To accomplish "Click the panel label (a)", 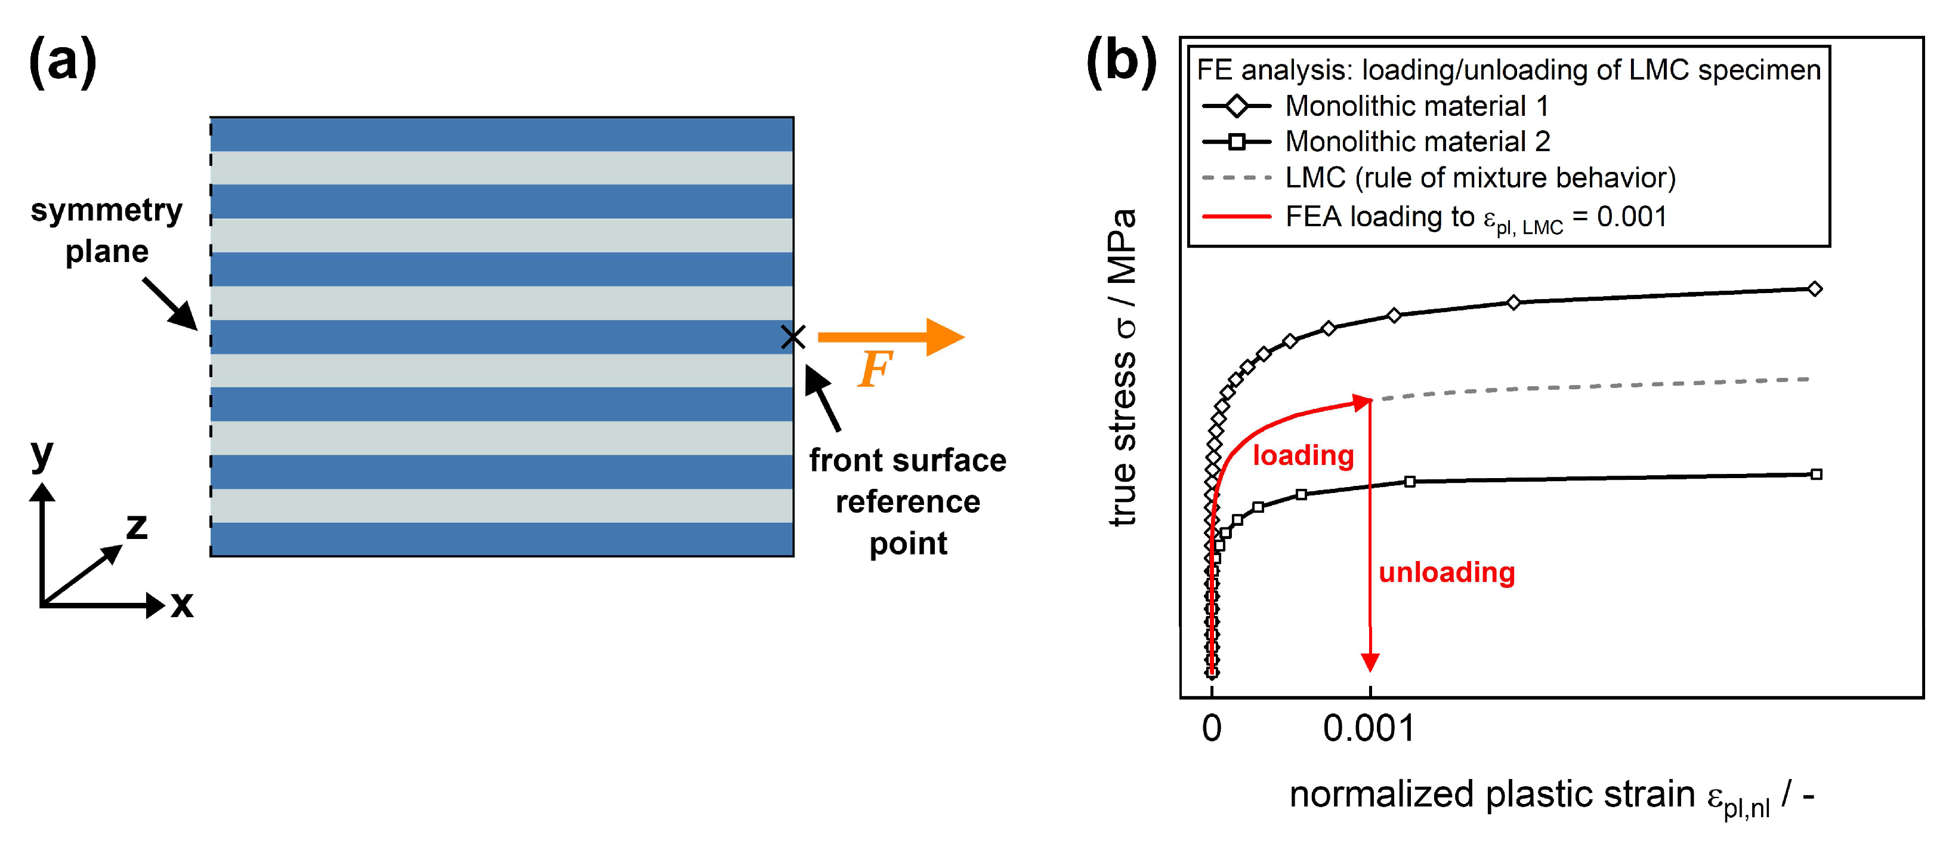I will [63, 62].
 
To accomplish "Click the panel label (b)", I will [1120, 62].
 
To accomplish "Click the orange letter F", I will [875, 369].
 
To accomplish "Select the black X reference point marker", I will [792, 337].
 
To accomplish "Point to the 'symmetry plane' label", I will [107, 230].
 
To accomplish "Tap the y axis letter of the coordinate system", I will [42, 454].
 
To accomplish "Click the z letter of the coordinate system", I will [137, 526].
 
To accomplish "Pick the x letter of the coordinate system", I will [181, 605].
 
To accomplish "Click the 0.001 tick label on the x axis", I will [1369, 728].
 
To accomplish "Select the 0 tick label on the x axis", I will [1211, 728].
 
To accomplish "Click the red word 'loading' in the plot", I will [1303, 455].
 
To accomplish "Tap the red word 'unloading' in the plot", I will [1447, 572].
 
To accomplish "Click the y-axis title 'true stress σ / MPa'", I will [1123, 367].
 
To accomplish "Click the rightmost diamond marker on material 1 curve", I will [1815, 289].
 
